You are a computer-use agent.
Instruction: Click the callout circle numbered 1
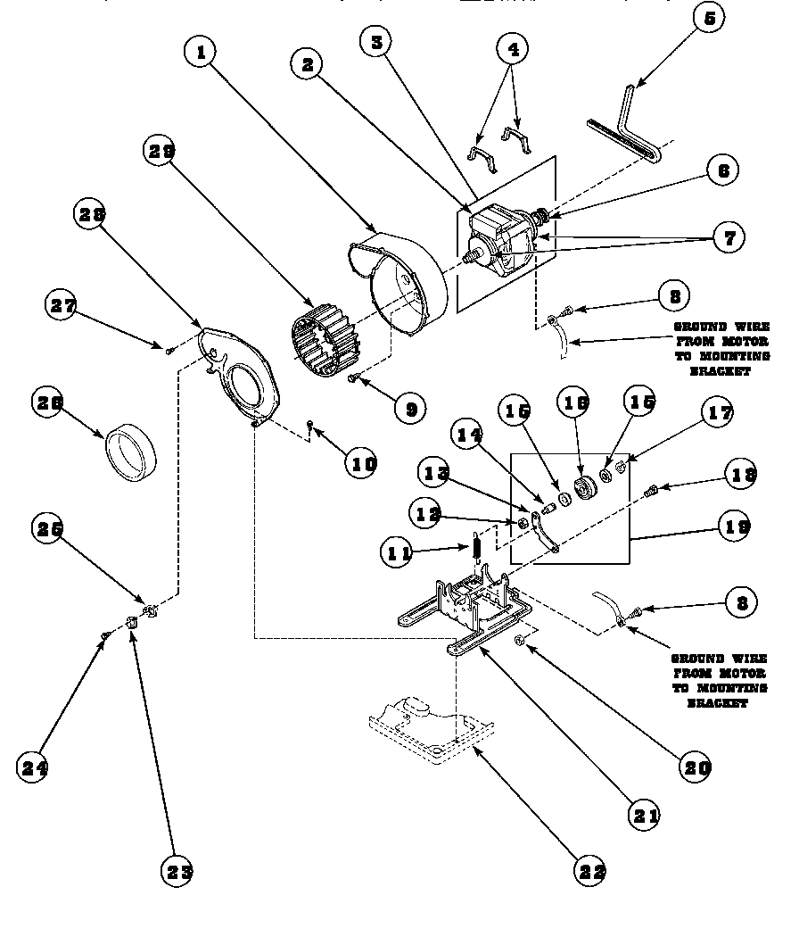[x=202, y=53]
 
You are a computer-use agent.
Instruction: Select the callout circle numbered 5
[x=708, y=18]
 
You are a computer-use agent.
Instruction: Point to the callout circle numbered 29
[x=160, y=151]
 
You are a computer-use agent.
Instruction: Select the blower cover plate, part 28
[x=236, y=372]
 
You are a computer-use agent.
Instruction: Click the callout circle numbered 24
[x=33, y=767]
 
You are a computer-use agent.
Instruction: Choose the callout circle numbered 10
[x=362, y=462]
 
